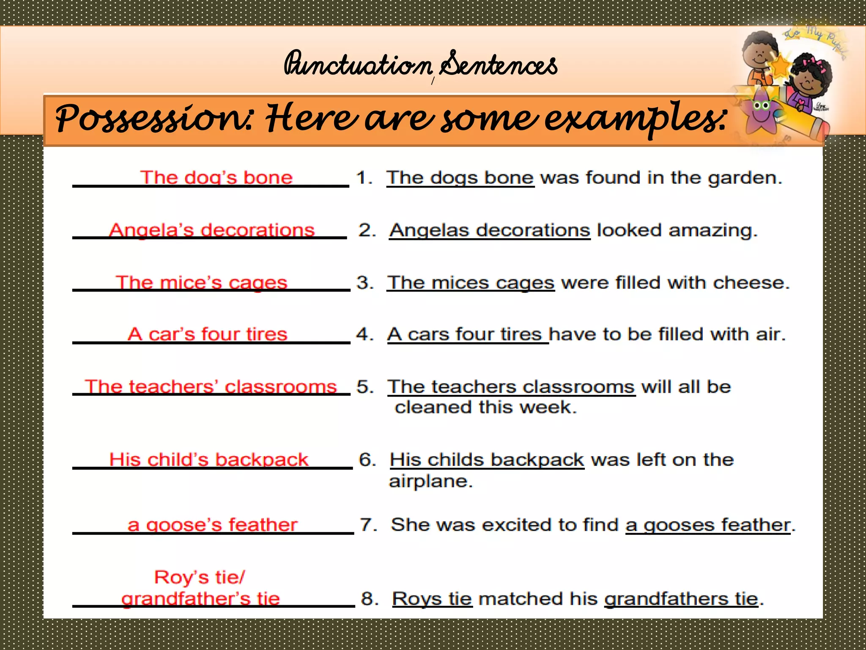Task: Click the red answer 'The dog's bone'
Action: tap(216, 178)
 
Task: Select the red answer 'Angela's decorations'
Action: tap(211, 230)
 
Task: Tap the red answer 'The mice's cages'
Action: tap(201, 283)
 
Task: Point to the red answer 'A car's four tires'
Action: tap(207, 334)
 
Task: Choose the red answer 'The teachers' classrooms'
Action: tap(211, 387)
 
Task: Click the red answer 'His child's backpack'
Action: tap(208, 460)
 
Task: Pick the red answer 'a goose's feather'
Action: tap(212, 525)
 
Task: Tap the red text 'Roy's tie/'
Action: tap(199, 577)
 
